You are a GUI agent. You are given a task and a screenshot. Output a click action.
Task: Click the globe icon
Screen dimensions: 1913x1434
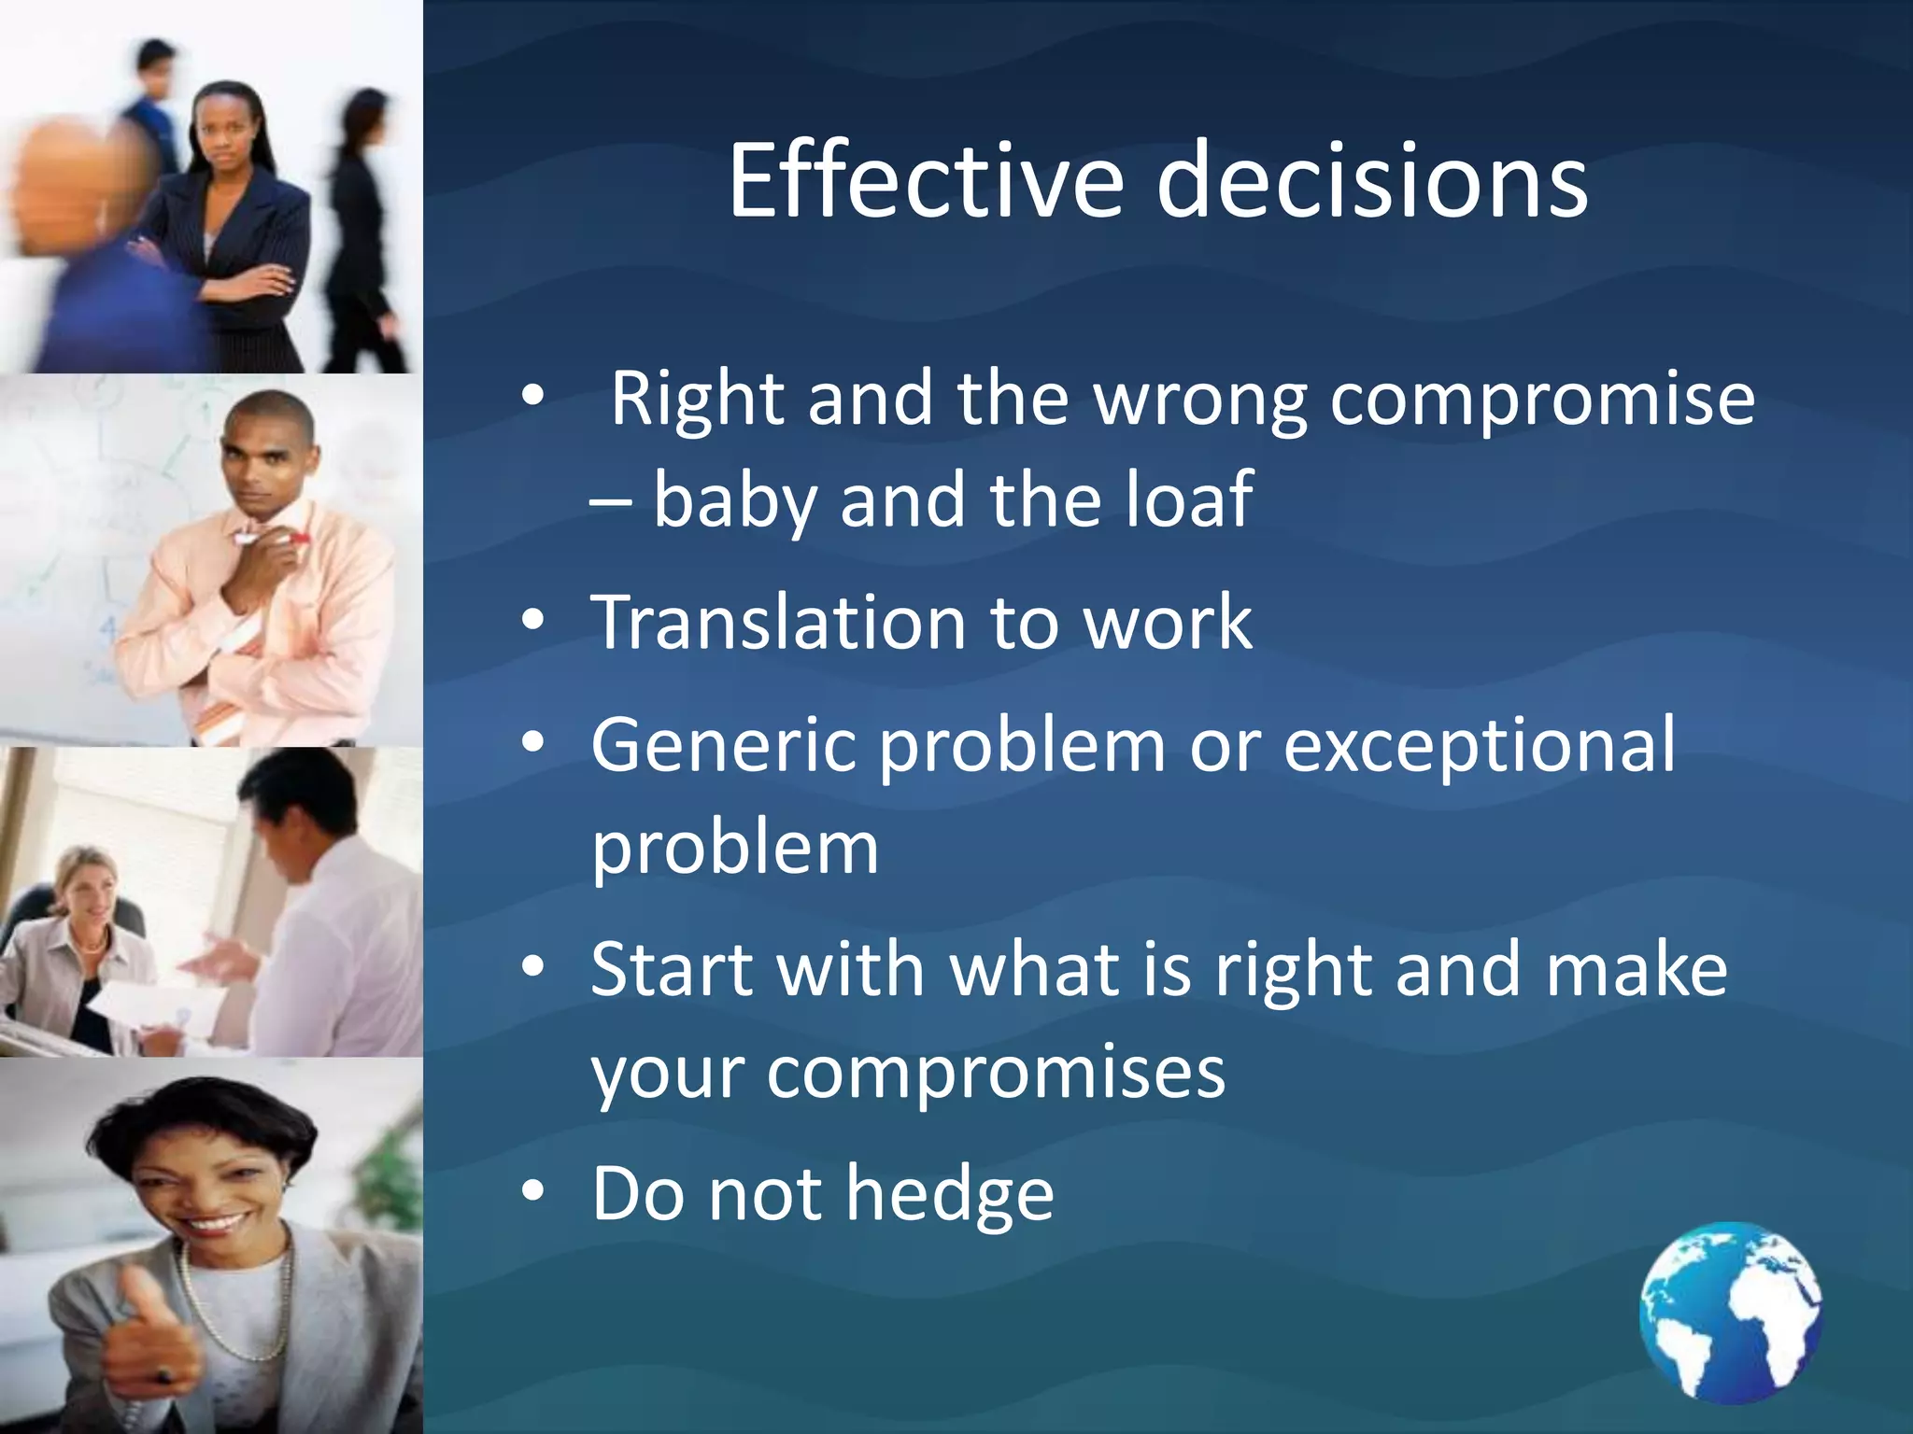pyautogui.click(x=1731, y=1313)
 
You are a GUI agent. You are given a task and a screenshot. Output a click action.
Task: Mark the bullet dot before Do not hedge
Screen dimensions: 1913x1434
pyautogui.click(x=532, y=1191)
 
